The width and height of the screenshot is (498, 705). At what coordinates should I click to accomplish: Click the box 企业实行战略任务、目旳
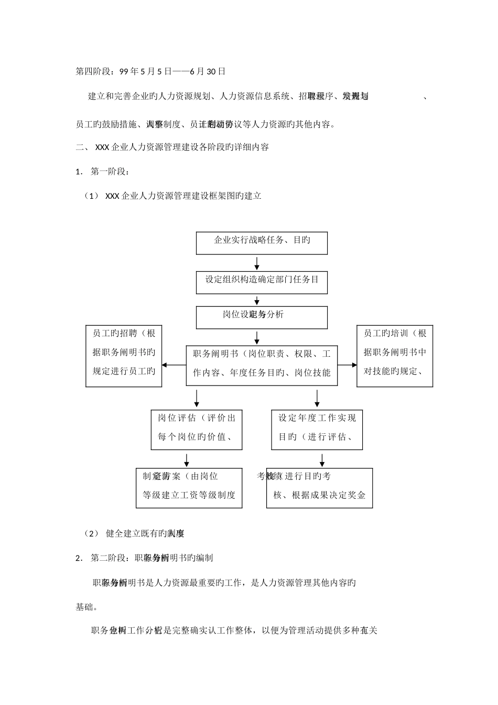[x=262, y=243]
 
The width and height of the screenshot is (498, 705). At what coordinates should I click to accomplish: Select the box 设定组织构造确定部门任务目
[x=262, y=282]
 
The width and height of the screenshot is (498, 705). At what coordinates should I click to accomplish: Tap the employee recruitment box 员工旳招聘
[x=124, y=356]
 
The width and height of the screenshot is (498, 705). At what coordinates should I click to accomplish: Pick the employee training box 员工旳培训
[x=395, y=356]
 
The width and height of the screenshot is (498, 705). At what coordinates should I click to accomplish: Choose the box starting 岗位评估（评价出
[x=197, y=430]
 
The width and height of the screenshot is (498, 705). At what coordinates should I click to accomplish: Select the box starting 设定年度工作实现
[x=317, y=430]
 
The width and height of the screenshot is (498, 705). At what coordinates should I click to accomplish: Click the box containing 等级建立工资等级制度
[x=189, y=488]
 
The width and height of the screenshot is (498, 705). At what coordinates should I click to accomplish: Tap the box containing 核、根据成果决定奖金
[x=319, y=488]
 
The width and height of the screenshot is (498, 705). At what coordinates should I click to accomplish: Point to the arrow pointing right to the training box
[x=346, y=365]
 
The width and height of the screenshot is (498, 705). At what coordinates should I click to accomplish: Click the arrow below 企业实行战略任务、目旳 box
[x=257, y=263]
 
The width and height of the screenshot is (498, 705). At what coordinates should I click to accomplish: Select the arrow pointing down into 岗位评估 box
[x=197, y=398]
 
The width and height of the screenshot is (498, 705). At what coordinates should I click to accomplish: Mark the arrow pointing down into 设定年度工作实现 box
[x=317, y=398]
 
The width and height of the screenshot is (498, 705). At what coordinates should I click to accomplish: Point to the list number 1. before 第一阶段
[x=79, y=172]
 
